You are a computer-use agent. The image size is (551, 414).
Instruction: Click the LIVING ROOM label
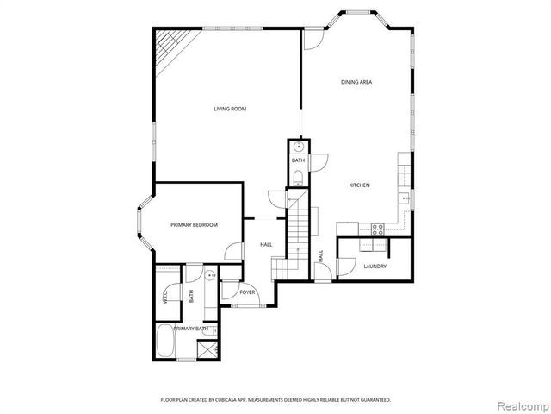point(231,109)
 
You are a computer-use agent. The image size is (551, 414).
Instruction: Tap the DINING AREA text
point(356,82)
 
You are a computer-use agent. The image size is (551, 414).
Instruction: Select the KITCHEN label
point(359,185)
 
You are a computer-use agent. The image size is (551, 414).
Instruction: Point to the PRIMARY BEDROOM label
point(194,225)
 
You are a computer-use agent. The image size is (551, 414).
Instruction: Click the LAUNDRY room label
point(375,266)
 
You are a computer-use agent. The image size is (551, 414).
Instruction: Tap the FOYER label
point(248,293)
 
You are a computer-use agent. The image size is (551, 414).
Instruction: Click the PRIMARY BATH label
point(190,329)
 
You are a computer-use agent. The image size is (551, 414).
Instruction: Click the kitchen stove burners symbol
point(375,229)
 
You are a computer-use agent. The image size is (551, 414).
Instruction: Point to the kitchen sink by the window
point(403,198)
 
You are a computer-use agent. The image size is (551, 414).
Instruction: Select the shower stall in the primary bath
point(207,349)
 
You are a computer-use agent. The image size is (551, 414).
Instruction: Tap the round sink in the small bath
point(297,147)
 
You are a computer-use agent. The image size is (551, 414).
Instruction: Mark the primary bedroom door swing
point(232,250)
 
